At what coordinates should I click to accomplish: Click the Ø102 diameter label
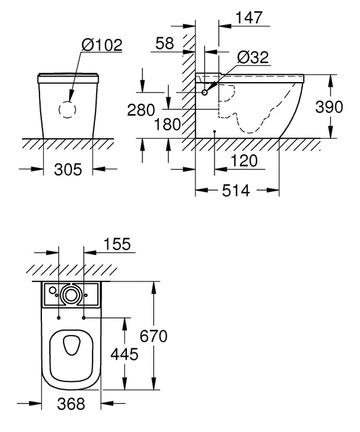tap(102, 44)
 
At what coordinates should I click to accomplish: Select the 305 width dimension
tap(68, 170)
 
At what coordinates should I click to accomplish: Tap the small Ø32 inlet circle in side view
tap(205, 92)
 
